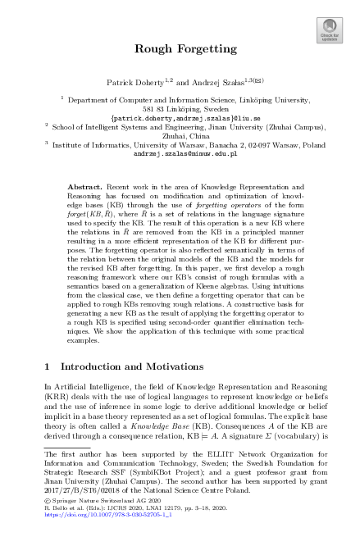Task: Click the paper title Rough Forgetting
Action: pyautogui.click(x=180, y=48)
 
